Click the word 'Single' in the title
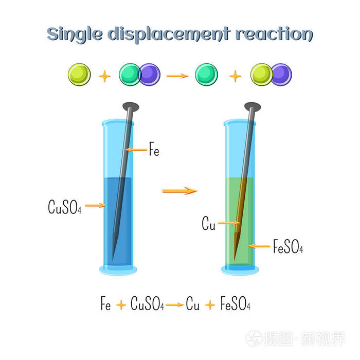75,34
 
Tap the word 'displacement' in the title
169,34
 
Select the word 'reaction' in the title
274,34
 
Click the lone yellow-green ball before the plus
79,75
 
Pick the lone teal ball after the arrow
206,75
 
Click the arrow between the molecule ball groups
177,76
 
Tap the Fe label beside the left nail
154,149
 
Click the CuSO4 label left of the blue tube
64,207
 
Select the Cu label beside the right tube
208,223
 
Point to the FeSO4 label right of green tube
288,246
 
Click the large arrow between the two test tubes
180,191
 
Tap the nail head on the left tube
131,107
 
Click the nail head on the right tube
253,107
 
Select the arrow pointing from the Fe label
136,150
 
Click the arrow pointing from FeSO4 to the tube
259,246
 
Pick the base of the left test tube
118,270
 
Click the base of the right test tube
240,270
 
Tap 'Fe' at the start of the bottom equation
105,303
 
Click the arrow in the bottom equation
174,305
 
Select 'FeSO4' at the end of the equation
236,303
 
